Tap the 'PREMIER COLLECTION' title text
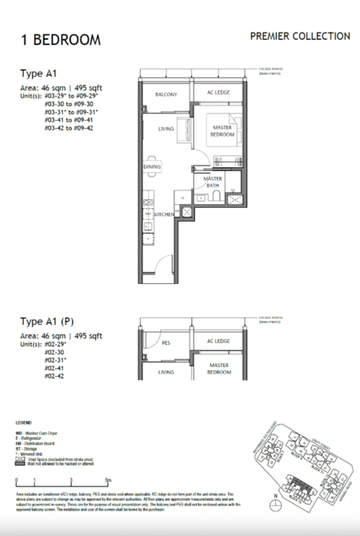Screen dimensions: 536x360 click(x=299, y=36)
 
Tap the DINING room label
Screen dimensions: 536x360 click(x=151, y=166)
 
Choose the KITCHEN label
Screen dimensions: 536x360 click(x=163, y=214)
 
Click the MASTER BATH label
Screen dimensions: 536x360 click(x=212, y=182)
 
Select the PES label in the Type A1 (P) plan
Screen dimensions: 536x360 click(x=166, y=342)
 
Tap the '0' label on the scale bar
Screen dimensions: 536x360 click(x=16, y=482)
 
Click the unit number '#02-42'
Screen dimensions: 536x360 click(x=55, y=376)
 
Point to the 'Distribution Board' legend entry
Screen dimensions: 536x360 click(x=42, y=441)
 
